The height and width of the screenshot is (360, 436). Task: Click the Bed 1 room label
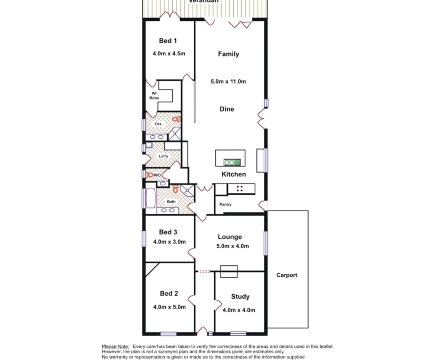click(x=168, y=41)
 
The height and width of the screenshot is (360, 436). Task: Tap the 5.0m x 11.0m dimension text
click(x=229, y=82)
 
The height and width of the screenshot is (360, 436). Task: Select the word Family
click(x=229, y=54)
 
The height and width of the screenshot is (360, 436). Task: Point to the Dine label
click(x=227, y=109)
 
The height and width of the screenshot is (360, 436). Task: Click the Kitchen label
click(x=233, y=174)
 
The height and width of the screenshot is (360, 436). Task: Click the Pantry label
click(x=225, y=204)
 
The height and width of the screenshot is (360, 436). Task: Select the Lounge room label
click(x=230, y=237)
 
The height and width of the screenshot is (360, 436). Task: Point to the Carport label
click(x=287, y=275)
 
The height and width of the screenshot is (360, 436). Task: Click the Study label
click(x=240, y=297)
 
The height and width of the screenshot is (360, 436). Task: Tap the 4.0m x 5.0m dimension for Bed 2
click(x=169, y=307)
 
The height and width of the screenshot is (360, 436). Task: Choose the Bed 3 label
click(x=168, y=232)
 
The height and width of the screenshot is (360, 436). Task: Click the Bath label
click(x=171, y=202)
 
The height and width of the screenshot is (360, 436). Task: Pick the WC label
click(x=157, y=175)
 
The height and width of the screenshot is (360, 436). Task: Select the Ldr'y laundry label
click(x=163, y=156)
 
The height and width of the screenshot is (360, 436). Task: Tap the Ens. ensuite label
click(x=158, y=124)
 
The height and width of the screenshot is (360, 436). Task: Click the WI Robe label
click(x=154, y=96)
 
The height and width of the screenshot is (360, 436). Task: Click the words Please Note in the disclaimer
click(x=115, y=346)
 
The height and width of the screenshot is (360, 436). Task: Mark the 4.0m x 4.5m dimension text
click(x=169, y=54)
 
